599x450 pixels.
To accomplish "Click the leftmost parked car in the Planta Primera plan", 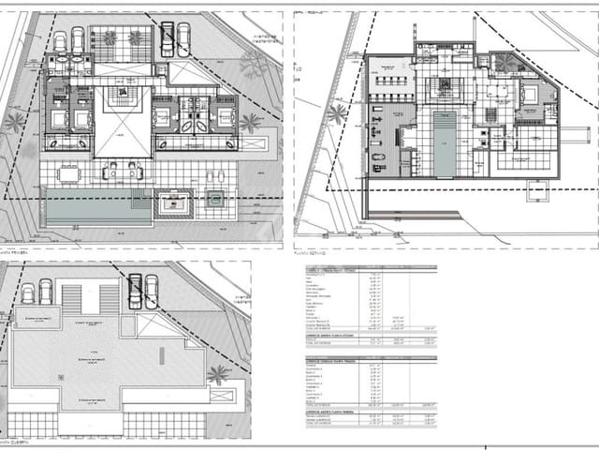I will pyautogui.click(x=60, y=42).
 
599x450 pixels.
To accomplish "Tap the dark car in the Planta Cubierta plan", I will pyautogui.click(x=135, y=291).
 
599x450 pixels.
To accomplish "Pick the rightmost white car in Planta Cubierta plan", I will pyautogui.click(x=151, y=291).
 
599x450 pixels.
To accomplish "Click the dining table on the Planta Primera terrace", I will pyautogui.click(x=69, y=173).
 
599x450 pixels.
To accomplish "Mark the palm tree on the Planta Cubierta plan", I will pyautogui.click(x=218, y=375).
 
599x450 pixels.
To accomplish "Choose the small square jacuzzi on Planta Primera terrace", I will pyautogui.click(x=216, y=198).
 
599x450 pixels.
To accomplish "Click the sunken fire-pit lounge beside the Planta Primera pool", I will pyautogui.click(x=173, y=202).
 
